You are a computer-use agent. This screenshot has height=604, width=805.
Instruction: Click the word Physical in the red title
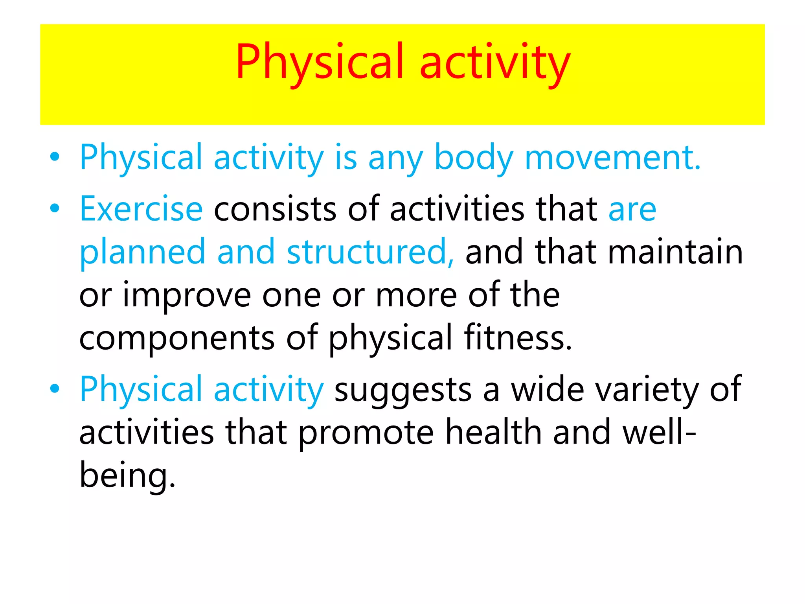pos(319,63)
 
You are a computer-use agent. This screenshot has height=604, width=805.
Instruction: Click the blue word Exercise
pos(141,209)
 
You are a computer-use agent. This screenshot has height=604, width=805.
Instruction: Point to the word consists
pos(275,209)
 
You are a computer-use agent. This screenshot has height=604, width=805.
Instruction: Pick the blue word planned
pos(142,252)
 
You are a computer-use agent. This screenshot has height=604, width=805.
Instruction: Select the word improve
pos(187,296)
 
